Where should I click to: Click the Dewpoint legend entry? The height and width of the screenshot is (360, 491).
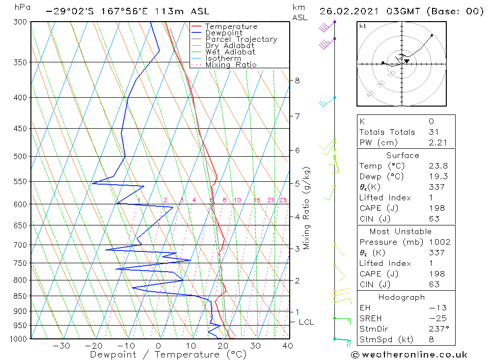[223, 33]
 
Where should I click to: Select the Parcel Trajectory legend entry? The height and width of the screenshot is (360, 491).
[241, 39]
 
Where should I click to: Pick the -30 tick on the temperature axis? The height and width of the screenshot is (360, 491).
[62, 346]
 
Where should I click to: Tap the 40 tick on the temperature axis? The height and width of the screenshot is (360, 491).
[288, 346]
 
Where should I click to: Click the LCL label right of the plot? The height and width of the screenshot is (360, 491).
[306, 322]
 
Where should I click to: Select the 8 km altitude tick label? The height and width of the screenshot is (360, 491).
[298, 81]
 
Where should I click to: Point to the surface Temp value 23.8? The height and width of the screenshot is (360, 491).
[438, 166]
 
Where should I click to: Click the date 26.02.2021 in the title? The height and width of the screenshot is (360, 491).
[348, 11]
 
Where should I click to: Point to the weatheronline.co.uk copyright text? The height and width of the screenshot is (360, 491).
[409, 355]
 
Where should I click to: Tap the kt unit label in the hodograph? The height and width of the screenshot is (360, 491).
[363, 26]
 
